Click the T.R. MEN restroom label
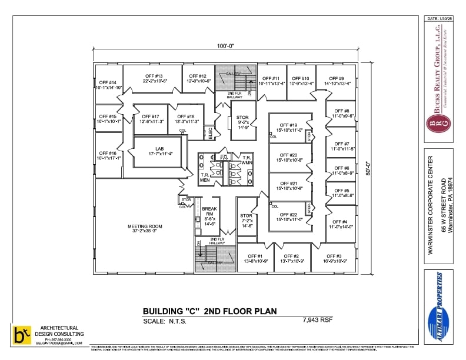click(x=205, y=177)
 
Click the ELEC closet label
click(x=210, y=133)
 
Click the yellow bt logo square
click(x=22, y=334)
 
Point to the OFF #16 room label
click(x=108, y=155)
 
